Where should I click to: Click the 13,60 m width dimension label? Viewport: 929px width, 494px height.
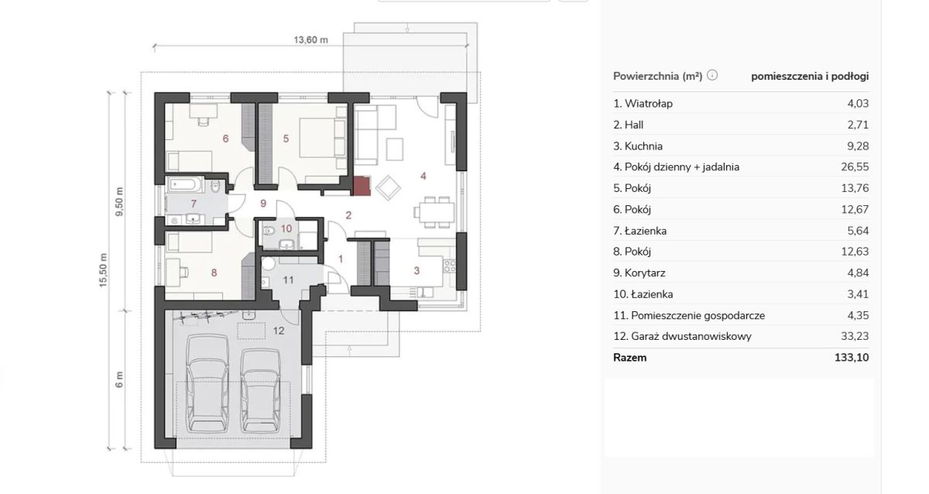pyautogui.click(x=310, y=39)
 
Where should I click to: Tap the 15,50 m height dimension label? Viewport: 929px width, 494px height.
pyautogui.click(x=103, y=270)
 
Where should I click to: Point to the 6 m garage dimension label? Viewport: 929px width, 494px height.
pyautogui.click(x=119, y=379)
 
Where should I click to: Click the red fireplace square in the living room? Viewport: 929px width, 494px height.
pyautogui.click(x=362, y=186)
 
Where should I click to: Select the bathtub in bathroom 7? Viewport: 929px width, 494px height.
pyautogui.click(x=185, y=184)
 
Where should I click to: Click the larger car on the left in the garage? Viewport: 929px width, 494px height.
pyautogui.click(x=207, y=384)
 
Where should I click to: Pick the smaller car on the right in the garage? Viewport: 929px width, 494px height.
pyautogui.click(x=260, y=390)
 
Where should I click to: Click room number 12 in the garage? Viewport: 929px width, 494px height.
pyautogui.click(x=279, y=331)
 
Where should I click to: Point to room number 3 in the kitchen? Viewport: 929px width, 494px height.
pyautogui.click(x=417, y=271)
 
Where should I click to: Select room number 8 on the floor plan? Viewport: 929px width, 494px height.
pyautogui.click(x=214, y=273)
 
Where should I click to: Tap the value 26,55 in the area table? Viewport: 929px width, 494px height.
pyautogui.click(x=855, y=166)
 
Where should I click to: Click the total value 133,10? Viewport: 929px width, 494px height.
pyautogui.click(x=852, y=358)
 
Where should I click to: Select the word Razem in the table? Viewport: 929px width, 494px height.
pyautogui.click(x=629, y=358)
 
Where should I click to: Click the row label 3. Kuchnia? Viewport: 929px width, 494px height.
pyautogui.click(x=638, y=146)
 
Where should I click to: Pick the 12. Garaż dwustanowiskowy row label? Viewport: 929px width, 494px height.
pyautogui.click(x=682, y=336)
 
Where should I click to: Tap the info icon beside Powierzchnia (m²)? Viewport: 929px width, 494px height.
pyautogui.click(x=712, y=75)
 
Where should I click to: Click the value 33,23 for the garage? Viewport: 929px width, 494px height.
pyautogui.click(x=855, y=336)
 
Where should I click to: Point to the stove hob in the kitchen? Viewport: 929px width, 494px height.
pyautogui.click(x=450, y=266)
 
